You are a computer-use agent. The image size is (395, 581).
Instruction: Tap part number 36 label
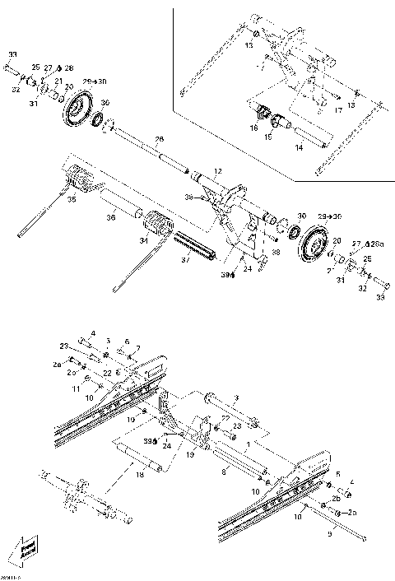pos(109,217)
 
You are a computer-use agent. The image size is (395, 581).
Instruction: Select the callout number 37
pos(184,259)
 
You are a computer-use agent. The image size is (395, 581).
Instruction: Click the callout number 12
pos(216,170)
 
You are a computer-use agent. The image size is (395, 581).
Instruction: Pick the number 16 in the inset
pos(254,128)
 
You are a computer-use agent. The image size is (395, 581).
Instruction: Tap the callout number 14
pos(299,147)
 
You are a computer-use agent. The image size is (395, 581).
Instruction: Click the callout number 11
pos(75,386)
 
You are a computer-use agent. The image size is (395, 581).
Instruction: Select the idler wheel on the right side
pos(314,244)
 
